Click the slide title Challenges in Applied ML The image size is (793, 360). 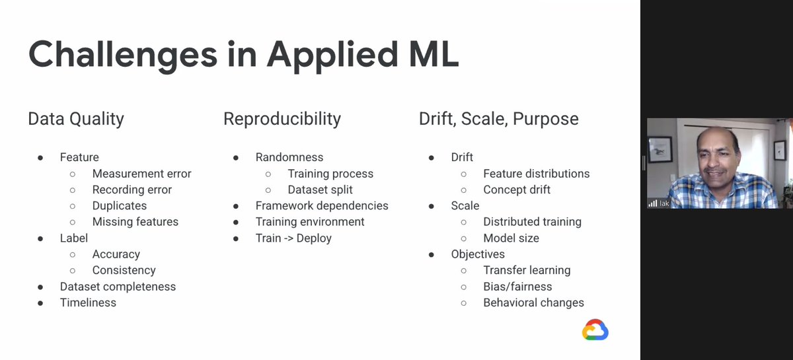click(x=244, y=55)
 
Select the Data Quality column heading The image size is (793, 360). click(x=76, y=119)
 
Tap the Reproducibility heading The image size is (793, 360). click(x=282, y=119)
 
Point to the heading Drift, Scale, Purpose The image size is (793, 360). click(x=499, y=119)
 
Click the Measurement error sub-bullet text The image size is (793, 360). click(x=141, y=174)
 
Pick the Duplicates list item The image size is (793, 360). click(x=120, y=205)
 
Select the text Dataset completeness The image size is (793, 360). click(x=118, y=287)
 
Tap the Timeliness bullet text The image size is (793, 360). click(x=88, y=303)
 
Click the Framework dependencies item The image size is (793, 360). click(x=322, y=205)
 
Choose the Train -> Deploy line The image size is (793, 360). click(x=293, y=238)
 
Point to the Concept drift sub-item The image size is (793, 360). click(x=517, y=190)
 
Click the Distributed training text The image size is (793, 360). click(x=533, y=222)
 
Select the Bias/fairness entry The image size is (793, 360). click(x=517, y=287)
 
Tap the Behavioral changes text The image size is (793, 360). click(x=533, y=303)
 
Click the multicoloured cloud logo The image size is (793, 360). click(x=595, y=330)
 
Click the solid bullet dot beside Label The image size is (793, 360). click(x=40, y=239)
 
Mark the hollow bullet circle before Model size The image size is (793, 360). click(x=464, y=239)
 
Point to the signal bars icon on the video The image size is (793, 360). click(x=653, y=203)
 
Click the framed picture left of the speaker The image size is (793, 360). click(x=660, y=149)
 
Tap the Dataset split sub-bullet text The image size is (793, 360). click(x=320, y=190)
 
